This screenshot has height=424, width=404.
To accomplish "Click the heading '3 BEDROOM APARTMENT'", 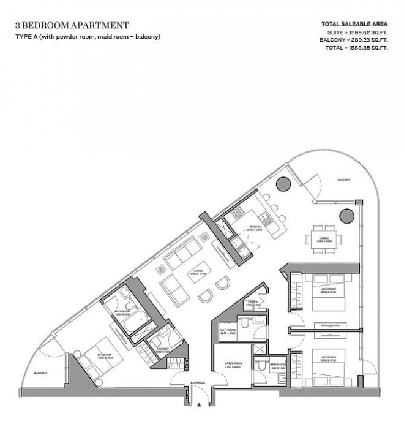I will [x=72, y=25].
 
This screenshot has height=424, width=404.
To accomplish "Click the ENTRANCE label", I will [x=197, y=383].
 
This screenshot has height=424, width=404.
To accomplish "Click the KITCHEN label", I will [x=255, y=228].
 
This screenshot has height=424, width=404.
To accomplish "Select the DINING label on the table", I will [x=323, y=240].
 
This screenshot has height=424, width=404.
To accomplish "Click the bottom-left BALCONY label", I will [x=41, y=373].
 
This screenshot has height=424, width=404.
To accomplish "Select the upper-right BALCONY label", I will [x=343, y=180].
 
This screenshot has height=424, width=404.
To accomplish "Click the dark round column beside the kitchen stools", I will [x=283, y=183].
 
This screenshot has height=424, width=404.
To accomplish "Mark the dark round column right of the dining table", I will [x=346, y=215].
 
